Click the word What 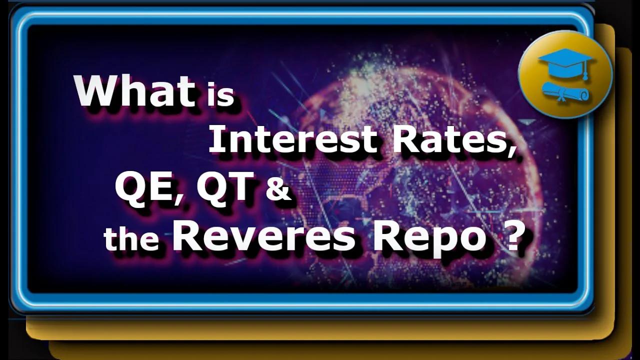tap(134, 91)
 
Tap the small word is tap(220, 95)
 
